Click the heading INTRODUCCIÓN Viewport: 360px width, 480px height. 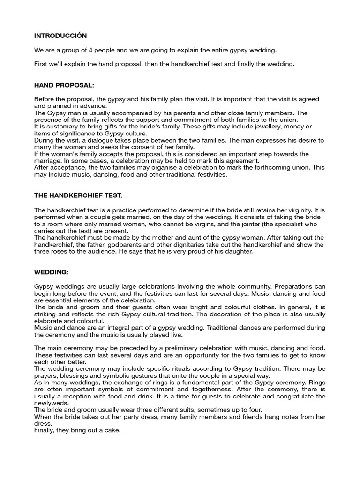coord(60,36)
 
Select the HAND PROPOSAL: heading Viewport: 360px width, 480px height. coord(64,85)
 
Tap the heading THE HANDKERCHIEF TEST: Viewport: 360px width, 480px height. coord(78,195)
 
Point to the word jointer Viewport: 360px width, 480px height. coord(247,224)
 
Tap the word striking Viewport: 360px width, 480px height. coord(45,314)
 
